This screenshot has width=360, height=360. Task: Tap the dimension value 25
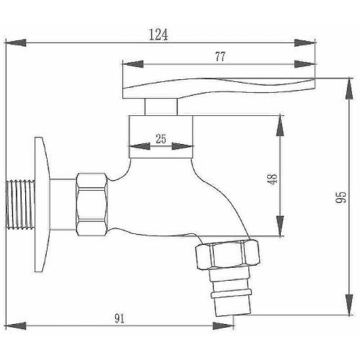pos(161,140)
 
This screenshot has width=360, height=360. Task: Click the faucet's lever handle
pos(216,88)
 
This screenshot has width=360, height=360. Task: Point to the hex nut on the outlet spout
pos(223,257)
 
